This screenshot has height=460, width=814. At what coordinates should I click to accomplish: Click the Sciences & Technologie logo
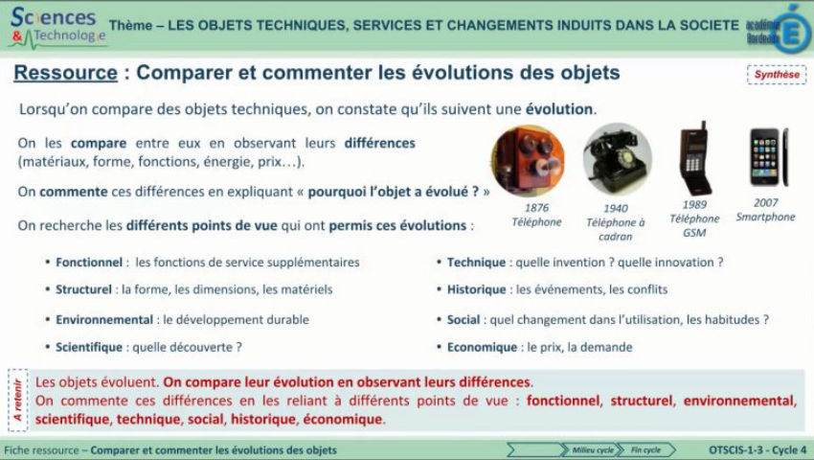56,26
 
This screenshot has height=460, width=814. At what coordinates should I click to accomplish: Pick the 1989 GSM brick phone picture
694,159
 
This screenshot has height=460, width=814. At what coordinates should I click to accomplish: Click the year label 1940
616,208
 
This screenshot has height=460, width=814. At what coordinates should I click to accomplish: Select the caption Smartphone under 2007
765,217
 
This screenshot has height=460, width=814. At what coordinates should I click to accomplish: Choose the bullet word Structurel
84,288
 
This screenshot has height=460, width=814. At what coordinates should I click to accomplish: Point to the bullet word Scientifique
89,347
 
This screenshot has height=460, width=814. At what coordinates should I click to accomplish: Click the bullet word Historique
476,288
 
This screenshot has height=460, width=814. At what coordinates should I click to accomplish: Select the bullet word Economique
480,347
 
